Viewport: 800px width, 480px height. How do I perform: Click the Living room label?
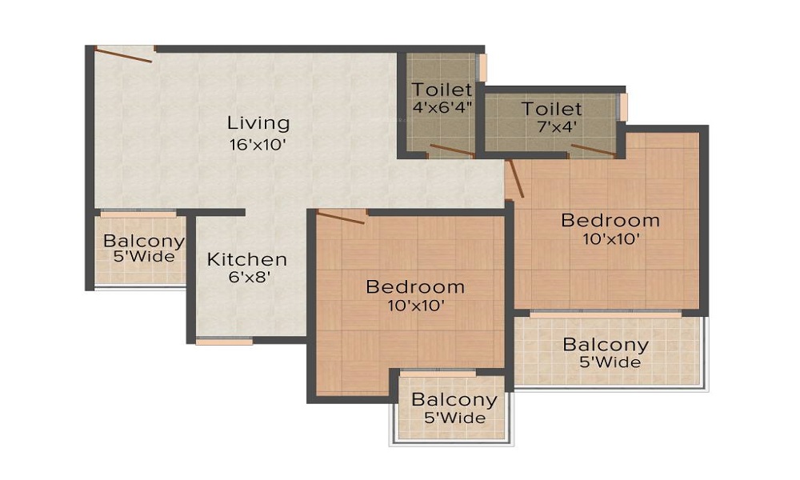258,123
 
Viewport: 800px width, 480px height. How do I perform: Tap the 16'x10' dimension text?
257,145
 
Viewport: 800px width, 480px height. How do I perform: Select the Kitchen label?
247,260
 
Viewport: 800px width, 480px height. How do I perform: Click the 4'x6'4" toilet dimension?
442,107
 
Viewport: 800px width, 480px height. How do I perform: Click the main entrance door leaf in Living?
124,54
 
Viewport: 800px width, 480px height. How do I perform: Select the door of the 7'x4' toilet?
593,150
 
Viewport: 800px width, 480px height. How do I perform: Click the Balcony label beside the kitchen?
144,241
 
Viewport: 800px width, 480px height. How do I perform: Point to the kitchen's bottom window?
224,342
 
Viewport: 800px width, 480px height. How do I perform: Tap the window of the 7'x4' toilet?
622,107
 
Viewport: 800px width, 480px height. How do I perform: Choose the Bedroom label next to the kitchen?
415,286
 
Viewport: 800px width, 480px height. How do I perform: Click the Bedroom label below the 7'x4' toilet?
610,220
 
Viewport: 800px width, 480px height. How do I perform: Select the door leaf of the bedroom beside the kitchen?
341,216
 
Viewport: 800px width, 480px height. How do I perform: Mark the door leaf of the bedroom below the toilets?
514,178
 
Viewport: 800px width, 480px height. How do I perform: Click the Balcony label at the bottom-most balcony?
454,400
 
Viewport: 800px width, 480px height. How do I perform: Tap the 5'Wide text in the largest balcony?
610,362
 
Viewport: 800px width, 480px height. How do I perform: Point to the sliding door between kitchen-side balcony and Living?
138,214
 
